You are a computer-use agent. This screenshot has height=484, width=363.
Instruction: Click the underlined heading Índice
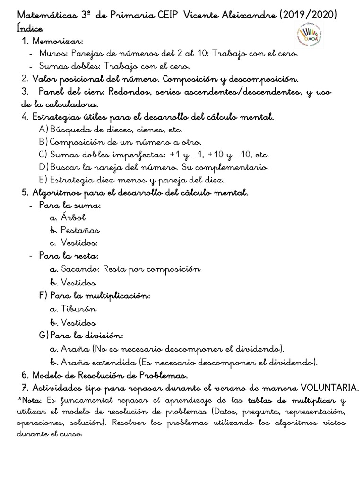point(29,29)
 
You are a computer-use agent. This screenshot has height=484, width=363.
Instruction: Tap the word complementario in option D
point(232,167)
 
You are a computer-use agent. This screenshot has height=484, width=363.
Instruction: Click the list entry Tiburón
point(79,309)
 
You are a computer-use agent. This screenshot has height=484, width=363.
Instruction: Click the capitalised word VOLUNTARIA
point(329,388)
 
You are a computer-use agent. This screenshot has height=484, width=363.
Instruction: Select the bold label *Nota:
point(30,401)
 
